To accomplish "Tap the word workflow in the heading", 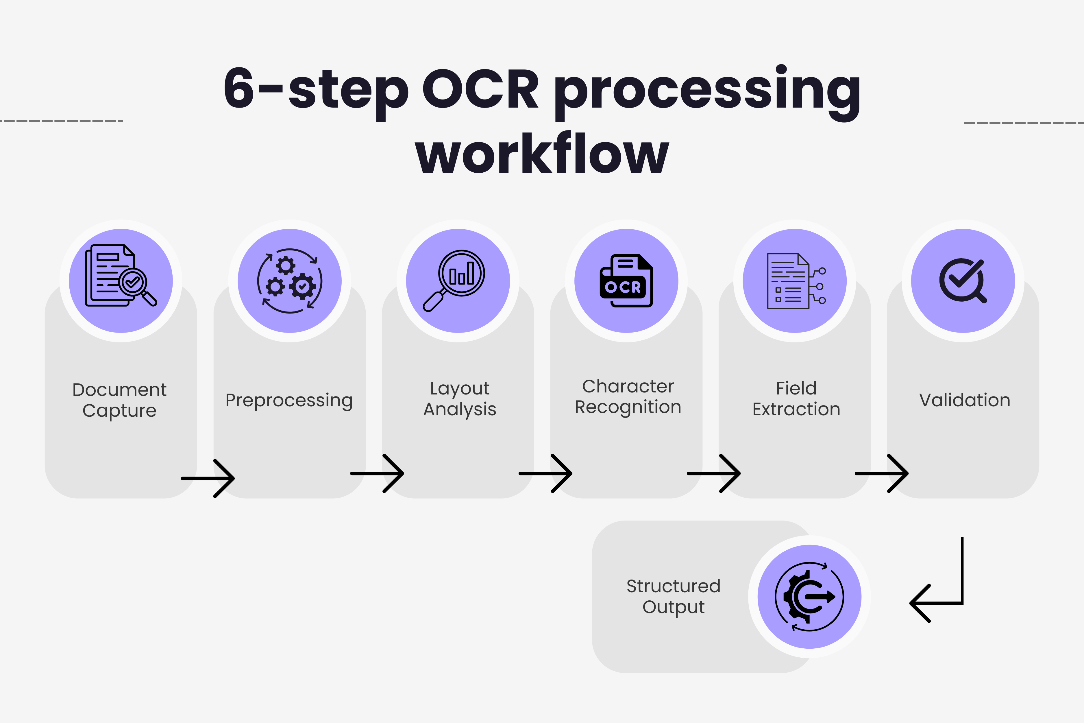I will point(542,154).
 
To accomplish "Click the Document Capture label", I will point(120,400).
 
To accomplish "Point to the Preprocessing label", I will point(289,400).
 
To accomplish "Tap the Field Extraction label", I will point(796,399).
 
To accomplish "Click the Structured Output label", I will point(673,596).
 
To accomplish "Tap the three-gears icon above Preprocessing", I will point(289,281).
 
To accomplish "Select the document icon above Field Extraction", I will point(795,281).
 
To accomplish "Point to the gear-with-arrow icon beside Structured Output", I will point(809,597).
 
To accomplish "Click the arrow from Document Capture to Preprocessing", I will point(208,478).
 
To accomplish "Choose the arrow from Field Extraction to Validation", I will point(881,473).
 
